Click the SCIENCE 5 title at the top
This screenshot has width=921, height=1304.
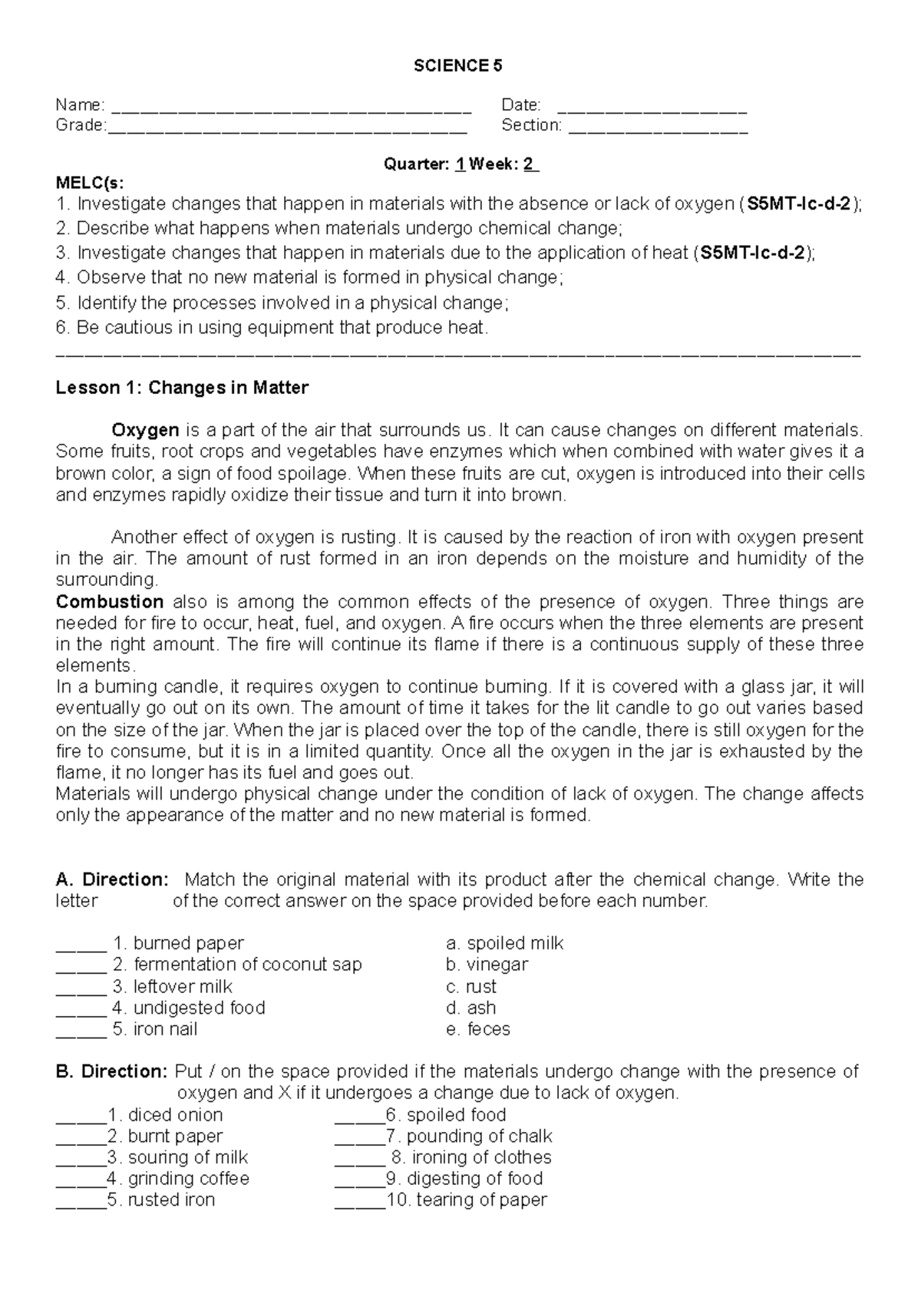tap(458, 66)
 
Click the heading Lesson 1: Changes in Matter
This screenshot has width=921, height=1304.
tap(182, 388)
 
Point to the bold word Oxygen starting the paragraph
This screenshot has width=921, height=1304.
tap(145, 429)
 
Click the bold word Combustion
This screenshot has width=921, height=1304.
tap(110, 601)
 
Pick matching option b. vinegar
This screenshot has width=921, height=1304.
tap(487, 965)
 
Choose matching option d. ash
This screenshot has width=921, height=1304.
tap(470, 1008)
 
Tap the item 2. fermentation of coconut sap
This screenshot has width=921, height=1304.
tap(237, 965)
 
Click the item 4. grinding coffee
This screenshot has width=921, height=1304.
tap(178, 1179)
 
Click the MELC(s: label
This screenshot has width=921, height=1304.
tap(89, 183)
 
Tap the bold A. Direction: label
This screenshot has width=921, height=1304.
tap(111, 879)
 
